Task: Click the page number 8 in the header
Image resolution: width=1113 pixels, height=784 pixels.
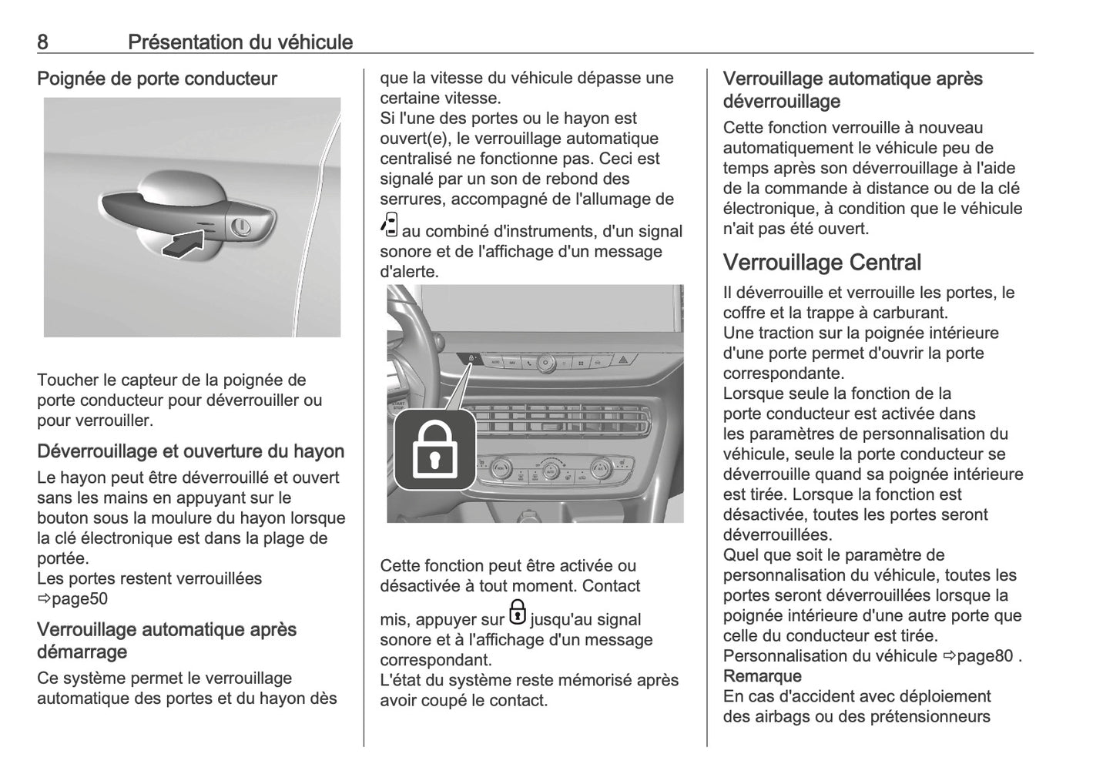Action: click(x=42, y=42)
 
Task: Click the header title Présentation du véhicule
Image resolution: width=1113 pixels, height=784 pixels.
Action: click(x=240, y=42)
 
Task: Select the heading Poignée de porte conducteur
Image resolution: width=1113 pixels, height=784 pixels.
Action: click(x=157, y=79)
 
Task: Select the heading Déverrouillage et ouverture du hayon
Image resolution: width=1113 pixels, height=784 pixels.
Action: click(x=190, y=451)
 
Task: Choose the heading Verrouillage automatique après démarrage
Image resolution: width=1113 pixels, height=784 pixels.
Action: click(x=166, y=640)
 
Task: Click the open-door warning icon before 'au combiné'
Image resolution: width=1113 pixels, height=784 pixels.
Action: click(x=390, y=225)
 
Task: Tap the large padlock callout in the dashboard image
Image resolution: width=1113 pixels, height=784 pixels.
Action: click(x=435, y=451)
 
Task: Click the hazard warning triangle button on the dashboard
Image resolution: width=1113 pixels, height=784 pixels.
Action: click(x=624, y=360)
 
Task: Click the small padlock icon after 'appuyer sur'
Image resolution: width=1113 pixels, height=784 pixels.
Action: click(x=518, y=612)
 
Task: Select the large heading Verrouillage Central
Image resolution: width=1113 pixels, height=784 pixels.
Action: click(x=822, y=263)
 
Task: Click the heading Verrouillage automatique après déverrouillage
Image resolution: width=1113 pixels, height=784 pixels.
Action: click(x=853, y=89)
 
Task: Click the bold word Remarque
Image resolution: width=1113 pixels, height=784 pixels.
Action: click(x=762, y=676)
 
